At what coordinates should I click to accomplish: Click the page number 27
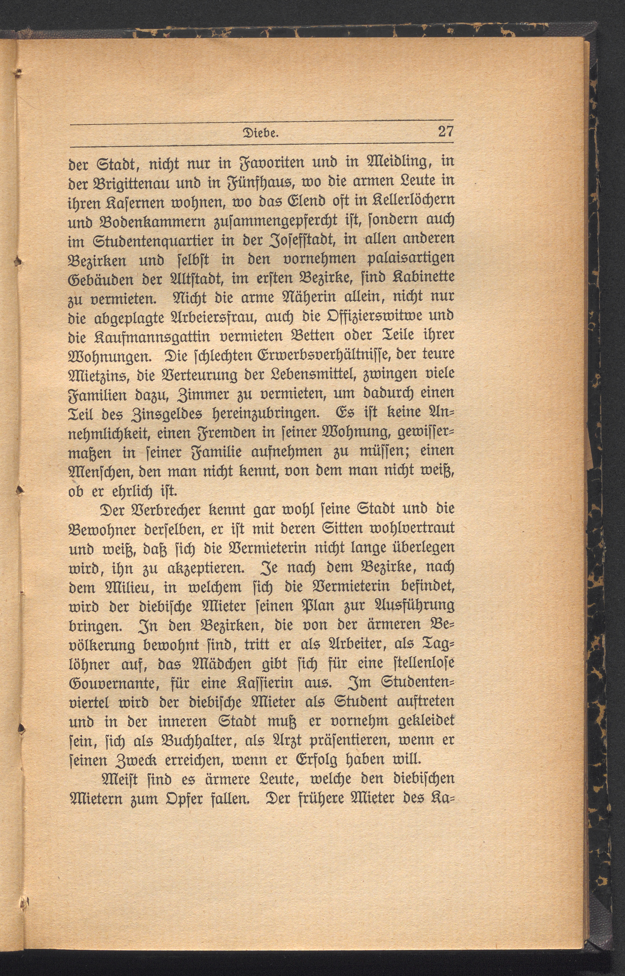click(x=445, y=133)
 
